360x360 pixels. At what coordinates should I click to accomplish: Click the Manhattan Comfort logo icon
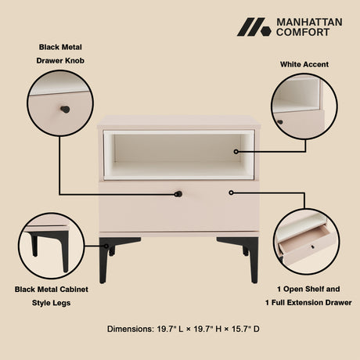254,27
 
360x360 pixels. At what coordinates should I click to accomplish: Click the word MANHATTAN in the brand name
309,22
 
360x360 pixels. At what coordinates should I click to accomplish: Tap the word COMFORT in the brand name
303,32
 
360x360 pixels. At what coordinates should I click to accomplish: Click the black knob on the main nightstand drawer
178,194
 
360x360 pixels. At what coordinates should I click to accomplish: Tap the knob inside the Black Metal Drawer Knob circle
65,110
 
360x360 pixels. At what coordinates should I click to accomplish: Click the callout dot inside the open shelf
236,152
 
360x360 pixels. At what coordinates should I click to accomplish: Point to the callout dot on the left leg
106,246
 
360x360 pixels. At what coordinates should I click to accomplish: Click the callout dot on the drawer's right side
231,193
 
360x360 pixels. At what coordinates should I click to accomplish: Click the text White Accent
304,64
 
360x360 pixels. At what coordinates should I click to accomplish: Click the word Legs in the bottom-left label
64,303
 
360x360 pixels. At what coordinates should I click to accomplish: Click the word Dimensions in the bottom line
131,329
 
